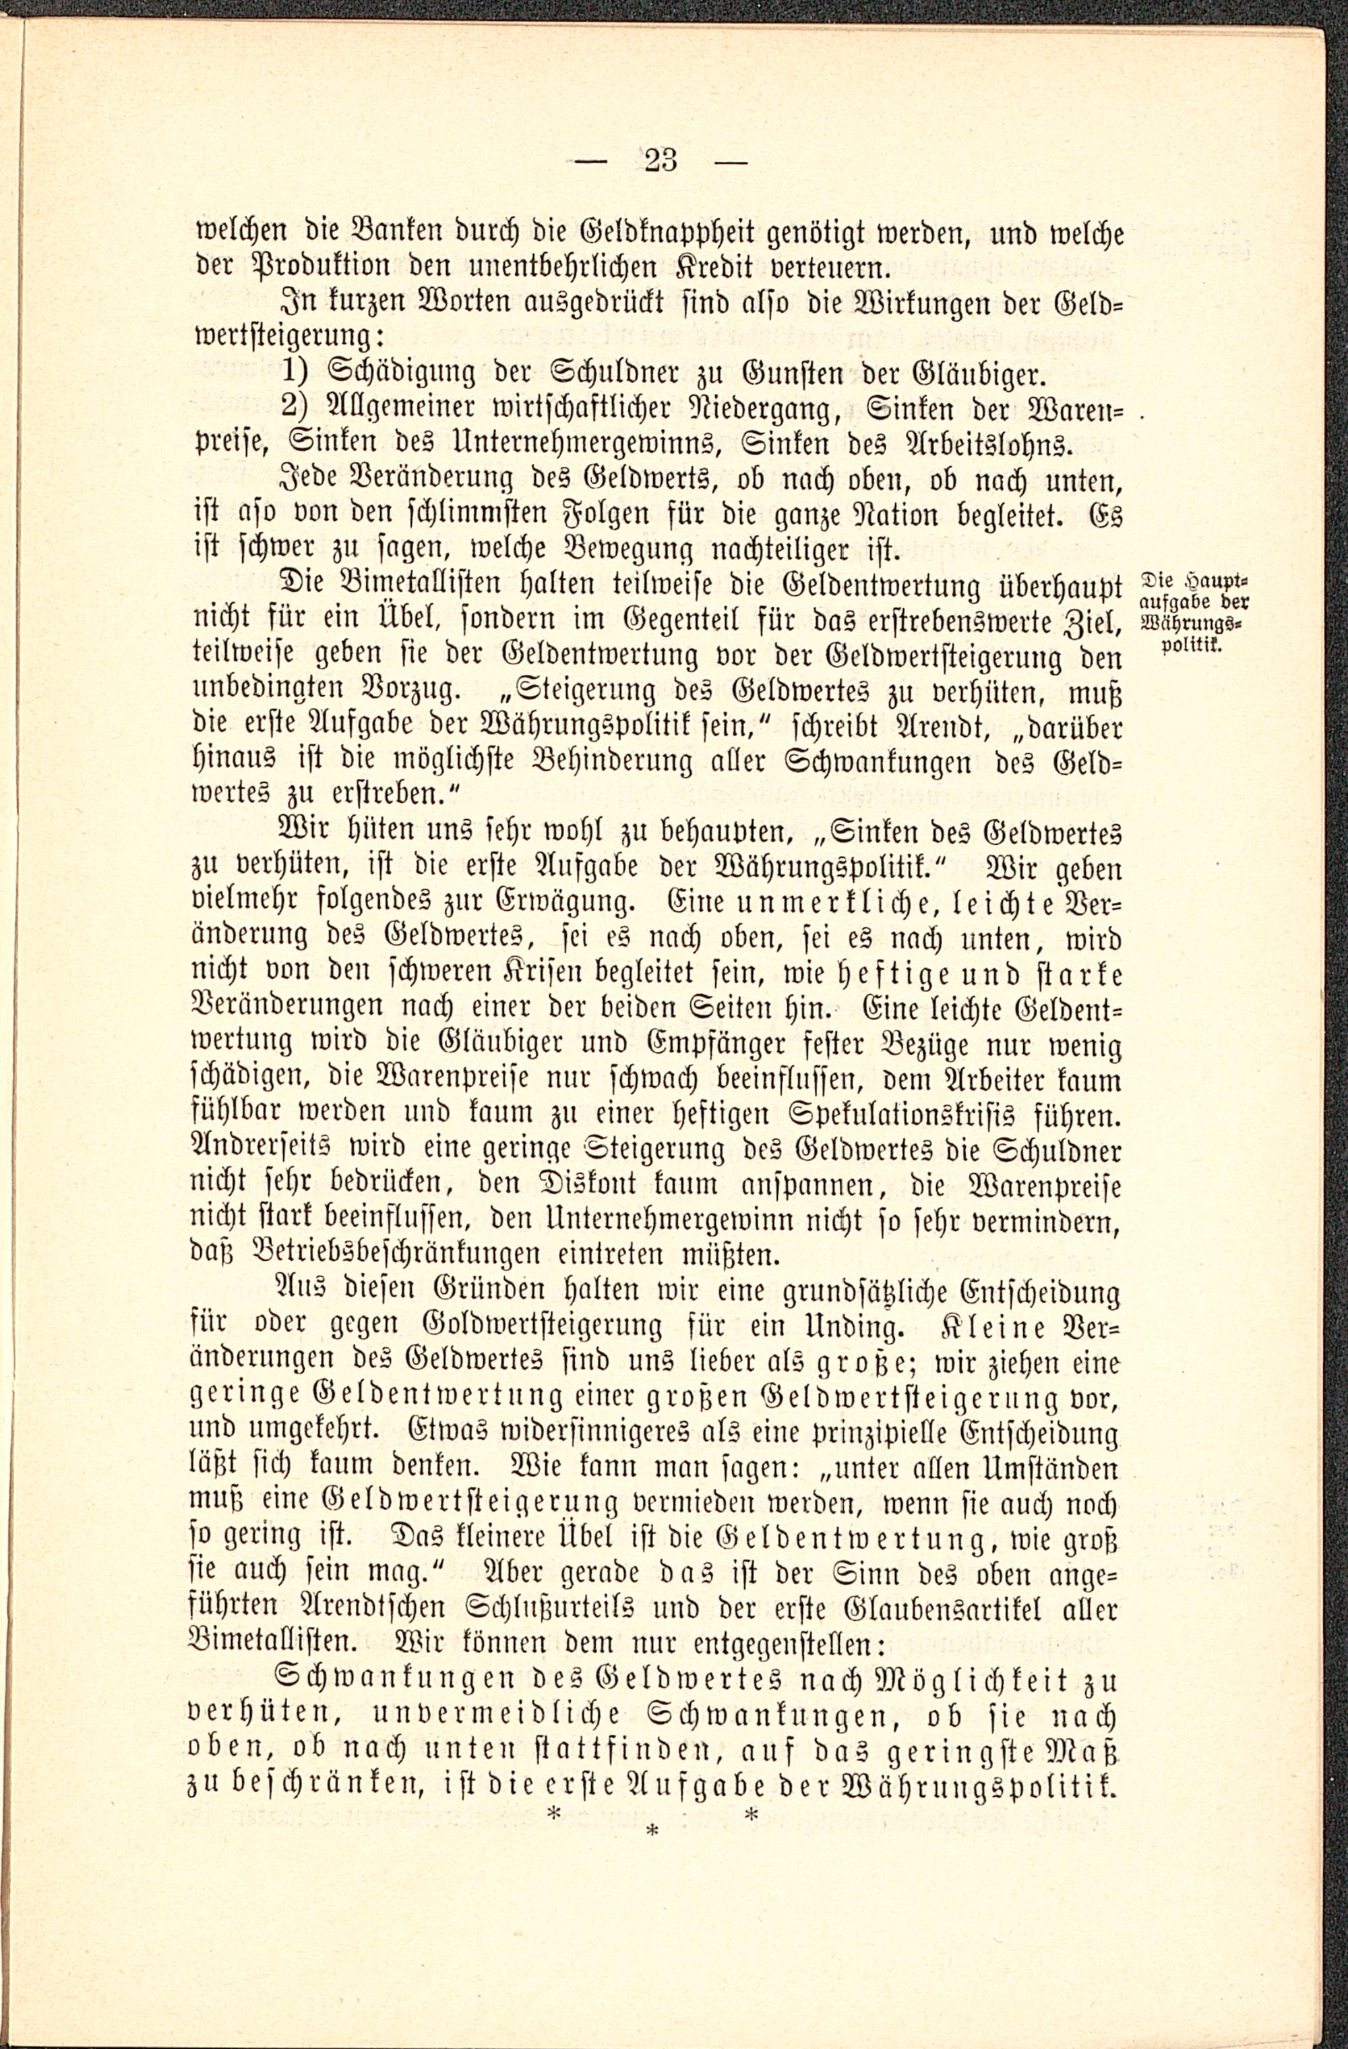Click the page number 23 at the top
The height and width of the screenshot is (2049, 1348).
click(661, 161)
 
